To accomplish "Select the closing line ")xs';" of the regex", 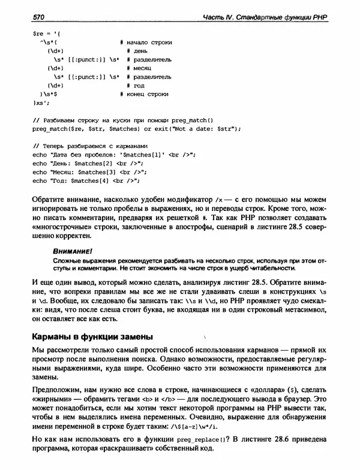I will [41, 103].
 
